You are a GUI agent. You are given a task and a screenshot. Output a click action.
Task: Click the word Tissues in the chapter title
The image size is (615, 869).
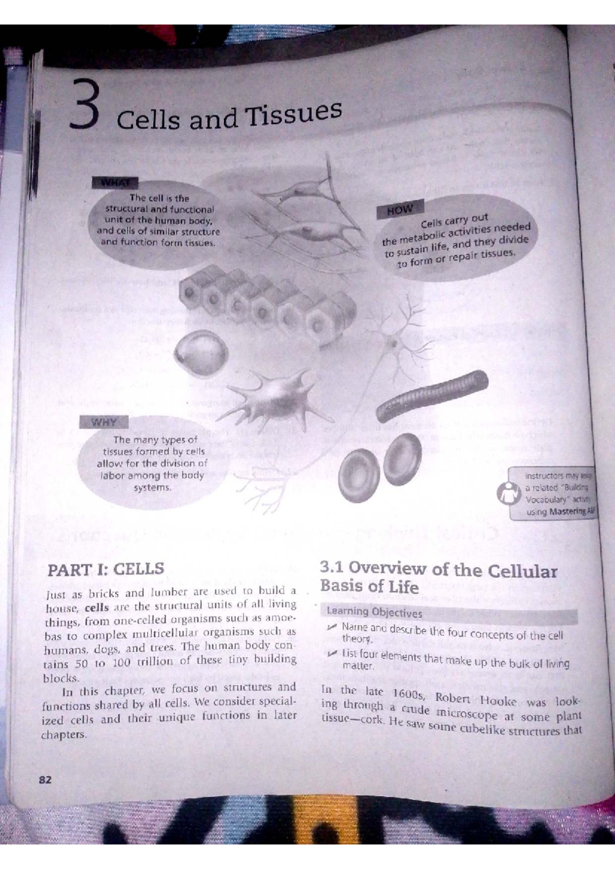pyautogui.click(x=295, y=113)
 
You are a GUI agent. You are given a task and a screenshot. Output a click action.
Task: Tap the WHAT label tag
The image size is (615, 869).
pyautogui.click(x=114, y=182)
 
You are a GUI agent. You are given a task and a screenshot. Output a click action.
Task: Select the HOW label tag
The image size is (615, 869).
pyautogui.click(x=398, y=210)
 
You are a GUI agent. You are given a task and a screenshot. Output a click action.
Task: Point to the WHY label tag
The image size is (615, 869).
pyautogui.click(x=104, y=422)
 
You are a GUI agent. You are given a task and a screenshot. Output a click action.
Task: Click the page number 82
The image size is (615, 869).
pyautogui.click(x=45, y=780)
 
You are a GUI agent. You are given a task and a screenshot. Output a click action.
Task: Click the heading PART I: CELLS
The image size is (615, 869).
pyautogui.click(x=106, y=569)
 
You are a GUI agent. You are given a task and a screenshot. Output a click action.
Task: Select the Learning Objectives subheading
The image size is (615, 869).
pyautogui.click(x=374, y=612)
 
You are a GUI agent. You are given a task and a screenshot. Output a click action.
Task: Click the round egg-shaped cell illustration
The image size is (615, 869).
pyautogui.click(x=200, y=353)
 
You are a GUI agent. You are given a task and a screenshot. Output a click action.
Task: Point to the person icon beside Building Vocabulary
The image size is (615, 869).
pyautogui.click(x=507, y=494)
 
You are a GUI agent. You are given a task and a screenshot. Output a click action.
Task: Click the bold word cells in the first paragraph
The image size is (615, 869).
pyautogui.click(x=96, y=608)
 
